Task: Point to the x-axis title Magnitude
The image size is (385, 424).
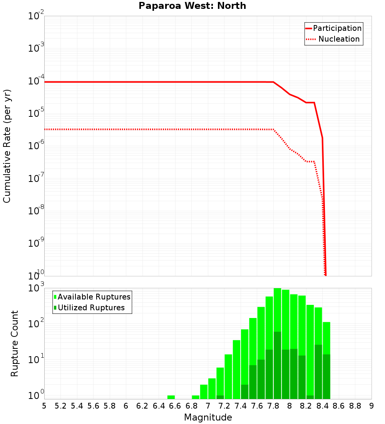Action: (x=208, y=417)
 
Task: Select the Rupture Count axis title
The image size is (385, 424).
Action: (x=15, y=343)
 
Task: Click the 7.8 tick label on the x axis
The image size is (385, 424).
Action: (x=273, y=406)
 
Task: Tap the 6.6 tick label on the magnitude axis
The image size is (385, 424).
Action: (x=175, y=406)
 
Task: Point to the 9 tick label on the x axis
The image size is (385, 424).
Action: (x=372, y=406)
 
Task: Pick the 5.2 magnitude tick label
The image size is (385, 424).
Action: (x=60, y=406)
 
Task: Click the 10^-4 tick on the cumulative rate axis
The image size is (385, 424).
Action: (x=36, y=81)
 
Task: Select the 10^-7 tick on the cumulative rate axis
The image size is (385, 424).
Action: (x=36, y=179)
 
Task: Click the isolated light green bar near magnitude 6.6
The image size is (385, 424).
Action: (x=171, y=397)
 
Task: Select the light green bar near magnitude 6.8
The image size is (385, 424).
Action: (x=196, y=397)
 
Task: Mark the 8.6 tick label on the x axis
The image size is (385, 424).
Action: (x=339, y=406)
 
